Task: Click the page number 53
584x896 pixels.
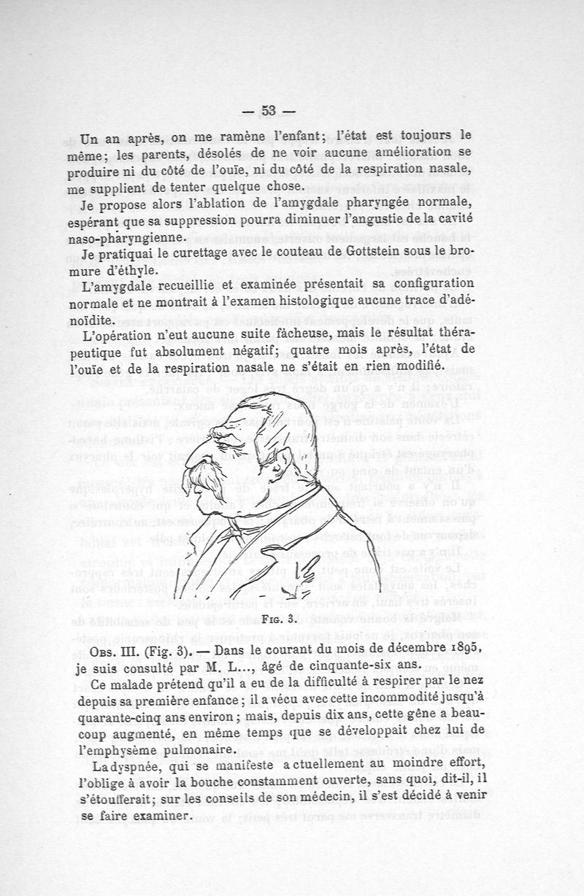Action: click(x=268, y=110)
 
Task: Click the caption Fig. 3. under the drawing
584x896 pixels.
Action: click(x=278, y=621)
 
